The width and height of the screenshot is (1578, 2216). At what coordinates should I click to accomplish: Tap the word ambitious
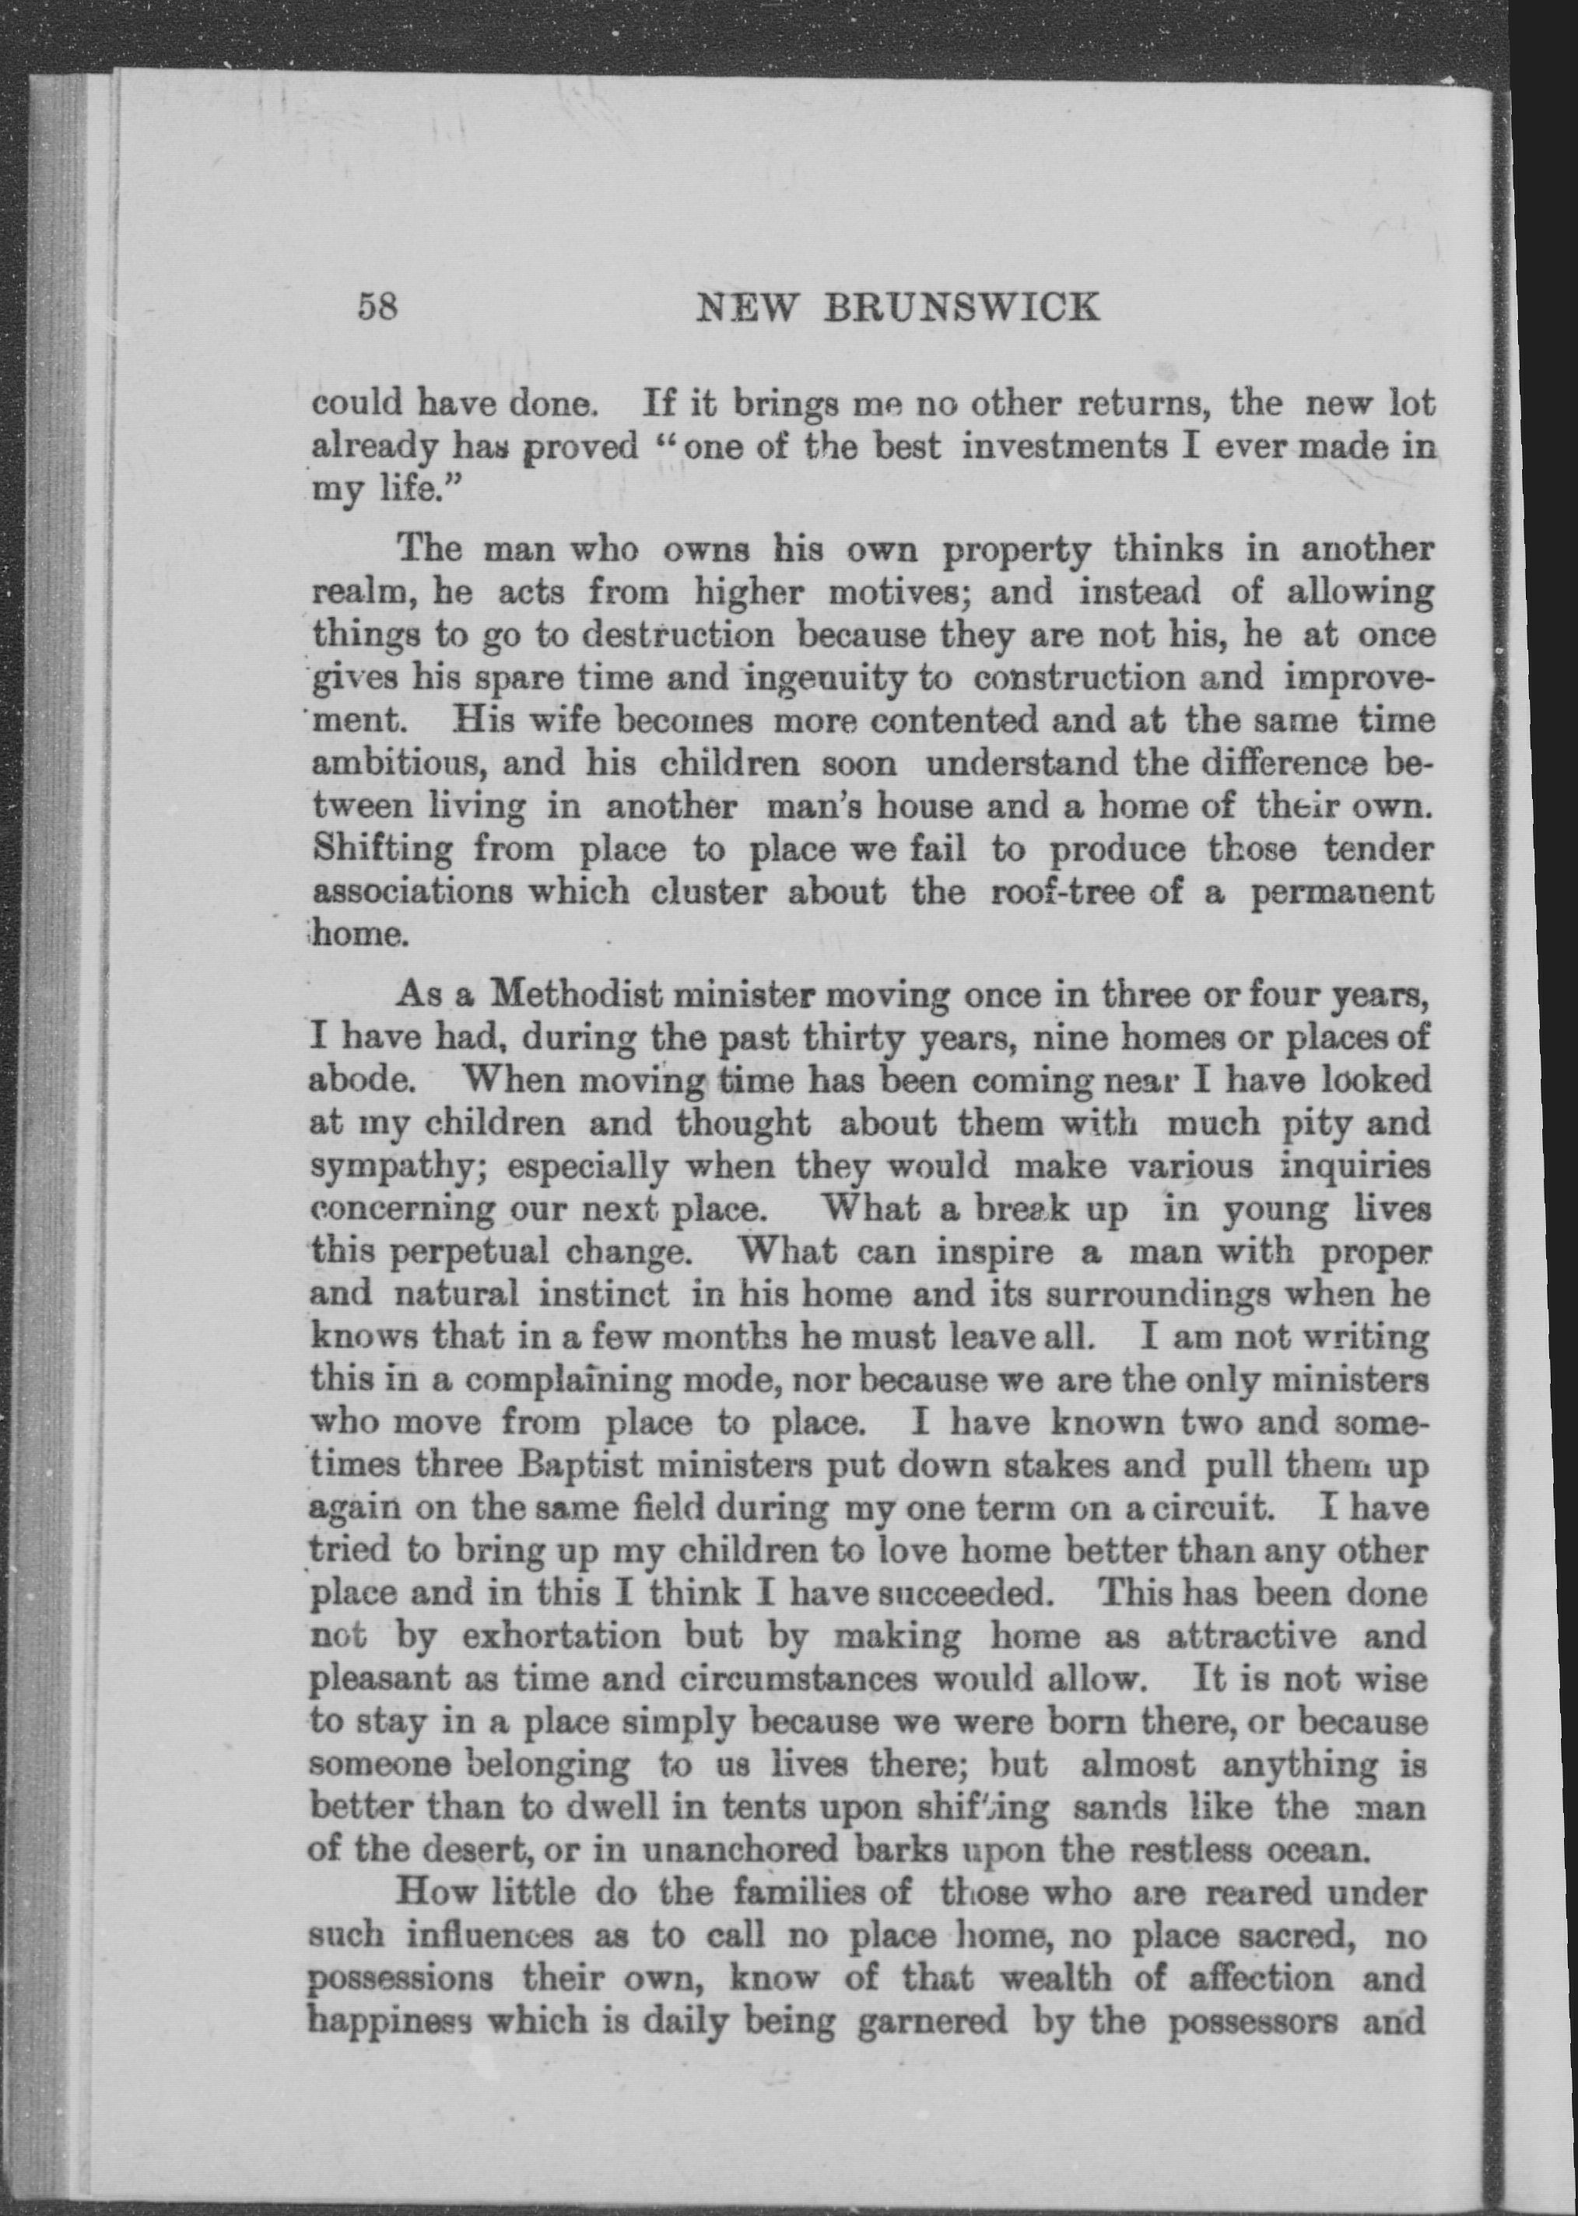click(407, 763)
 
